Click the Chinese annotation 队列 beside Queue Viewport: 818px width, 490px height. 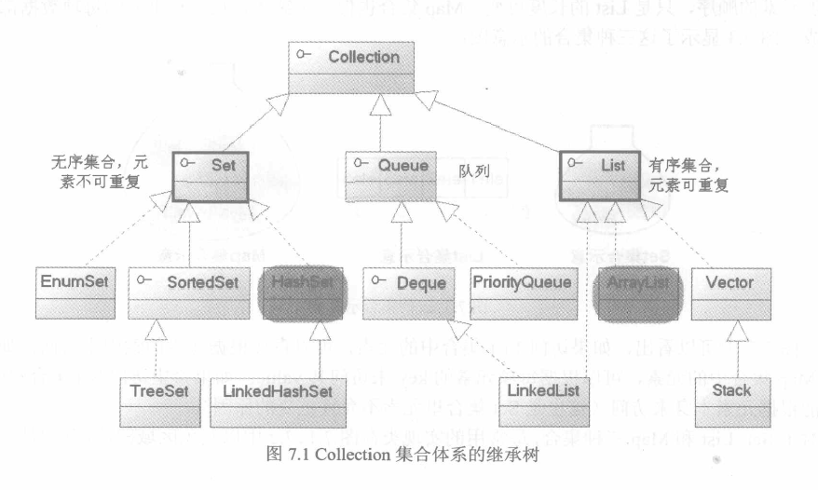point(473,172)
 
